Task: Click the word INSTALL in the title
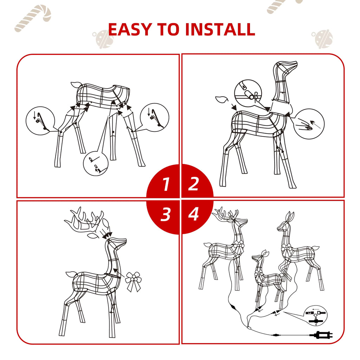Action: [220, 30]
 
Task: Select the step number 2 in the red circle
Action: [193, 184]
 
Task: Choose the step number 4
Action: [193, 214]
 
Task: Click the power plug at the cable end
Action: [320, 335]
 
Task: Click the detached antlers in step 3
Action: [84, 221]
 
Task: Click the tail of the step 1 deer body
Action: [76, 85]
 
